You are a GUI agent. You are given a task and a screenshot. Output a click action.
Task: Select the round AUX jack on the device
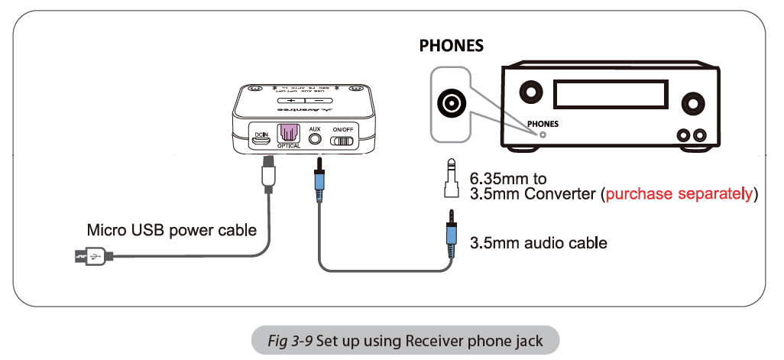[x=314, y=141]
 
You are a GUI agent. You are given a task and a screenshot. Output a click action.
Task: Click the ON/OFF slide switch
[x=342, y=141]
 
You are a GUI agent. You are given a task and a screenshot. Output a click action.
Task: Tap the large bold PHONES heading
[x=451, y=46]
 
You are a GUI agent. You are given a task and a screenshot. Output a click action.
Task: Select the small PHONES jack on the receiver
[x=543, y=134]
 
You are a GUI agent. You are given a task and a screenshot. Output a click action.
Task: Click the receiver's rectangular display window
[x=606, y=96]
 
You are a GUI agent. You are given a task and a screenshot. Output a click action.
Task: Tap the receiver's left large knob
[x=528, y=93]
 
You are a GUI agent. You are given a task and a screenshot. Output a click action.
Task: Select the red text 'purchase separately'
[x=679, y=194]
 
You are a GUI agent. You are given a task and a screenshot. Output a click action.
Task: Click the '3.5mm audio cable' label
[x=537, y=243]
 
